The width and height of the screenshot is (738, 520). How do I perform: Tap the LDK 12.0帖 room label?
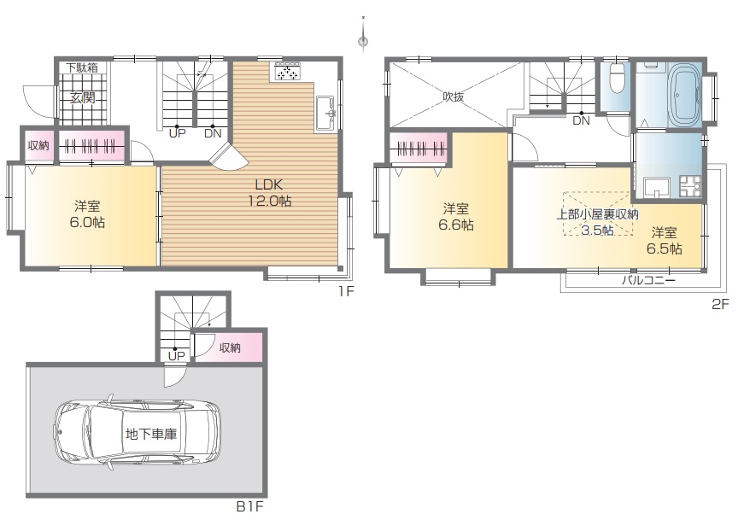[x=270, y=193]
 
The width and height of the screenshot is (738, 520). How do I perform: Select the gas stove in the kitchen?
[x=287, y=73]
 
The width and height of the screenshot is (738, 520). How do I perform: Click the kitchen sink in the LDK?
[x=325, y=113]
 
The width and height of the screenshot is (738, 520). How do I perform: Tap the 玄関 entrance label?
[x=82, y=98]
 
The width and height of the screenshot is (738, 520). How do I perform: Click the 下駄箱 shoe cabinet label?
[x=82, y=67]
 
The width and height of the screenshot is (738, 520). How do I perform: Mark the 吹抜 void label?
[x=454, y=96]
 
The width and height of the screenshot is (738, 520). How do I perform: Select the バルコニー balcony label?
[x=648, y=281]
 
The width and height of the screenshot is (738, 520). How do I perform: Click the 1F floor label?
[x=346, y=291]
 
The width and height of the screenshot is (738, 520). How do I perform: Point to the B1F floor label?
[x=249, y=507]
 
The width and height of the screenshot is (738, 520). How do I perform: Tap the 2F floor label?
[x=720, y=305]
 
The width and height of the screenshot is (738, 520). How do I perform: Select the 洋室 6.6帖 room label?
[x=456, y=217]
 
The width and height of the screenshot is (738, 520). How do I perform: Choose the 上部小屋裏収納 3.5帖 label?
[x=597, y=222]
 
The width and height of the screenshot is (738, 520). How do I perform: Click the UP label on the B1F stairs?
[x=177, y=356]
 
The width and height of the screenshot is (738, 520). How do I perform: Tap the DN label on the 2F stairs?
[x=582, y=121]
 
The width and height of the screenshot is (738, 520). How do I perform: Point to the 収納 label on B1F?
[x=230, y=348]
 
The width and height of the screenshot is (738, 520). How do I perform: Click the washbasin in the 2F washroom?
[x=655, y=187]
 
